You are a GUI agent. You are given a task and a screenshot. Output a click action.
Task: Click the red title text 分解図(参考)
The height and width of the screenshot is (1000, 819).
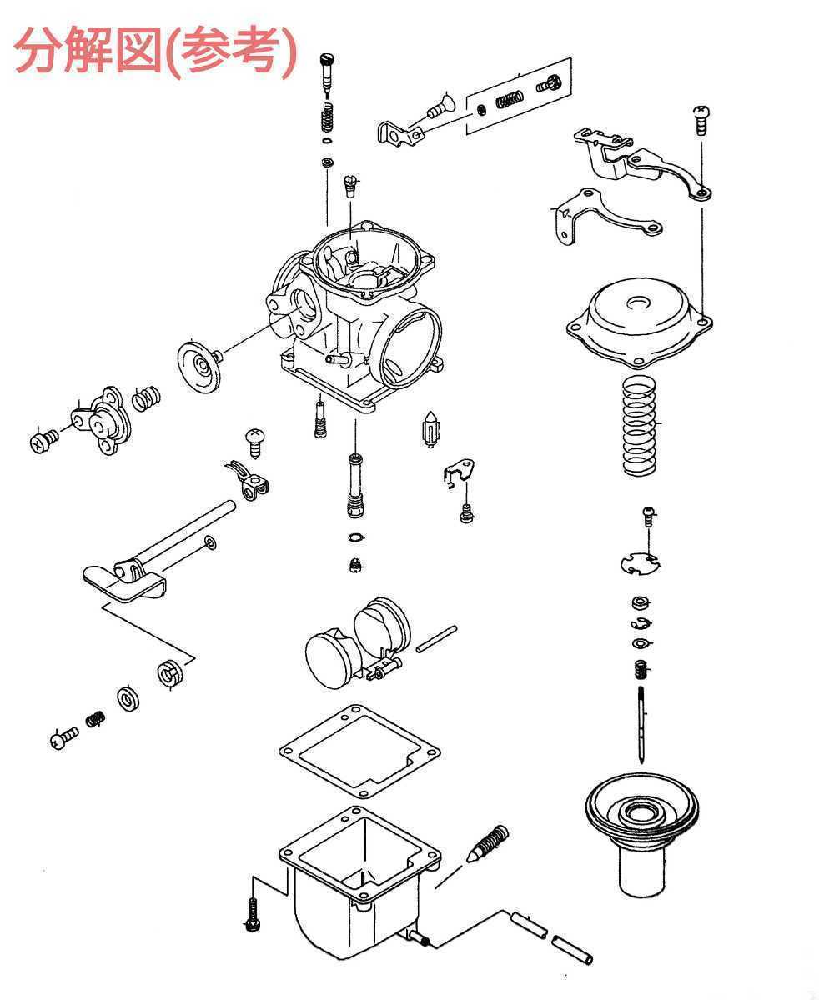click(x=156, y=51)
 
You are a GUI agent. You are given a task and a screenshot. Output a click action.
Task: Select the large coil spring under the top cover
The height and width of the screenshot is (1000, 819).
click(x=639, y=426)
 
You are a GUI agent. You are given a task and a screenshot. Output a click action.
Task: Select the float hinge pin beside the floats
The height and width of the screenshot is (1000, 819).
click(x=436, y=639)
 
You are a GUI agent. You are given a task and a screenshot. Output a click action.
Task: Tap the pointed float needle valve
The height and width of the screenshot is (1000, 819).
click(x=430, y=429)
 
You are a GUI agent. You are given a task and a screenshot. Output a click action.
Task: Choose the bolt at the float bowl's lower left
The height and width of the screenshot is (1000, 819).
click(x=252, y=914)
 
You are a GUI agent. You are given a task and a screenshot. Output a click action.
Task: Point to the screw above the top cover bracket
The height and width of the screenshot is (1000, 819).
click(x=701, y=121)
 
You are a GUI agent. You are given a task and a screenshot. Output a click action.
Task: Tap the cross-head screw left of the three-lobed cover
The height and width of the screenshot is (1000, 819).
click(x=43, y=440)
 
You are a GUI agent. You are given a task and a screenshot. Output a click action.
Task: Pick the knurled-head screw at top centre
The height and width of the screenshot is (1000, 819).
click(x=327, y=73)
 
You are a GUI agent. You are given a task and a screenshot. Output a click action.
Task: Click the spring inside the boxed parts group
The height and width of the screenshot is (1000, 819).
click(x=510, y=99)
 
